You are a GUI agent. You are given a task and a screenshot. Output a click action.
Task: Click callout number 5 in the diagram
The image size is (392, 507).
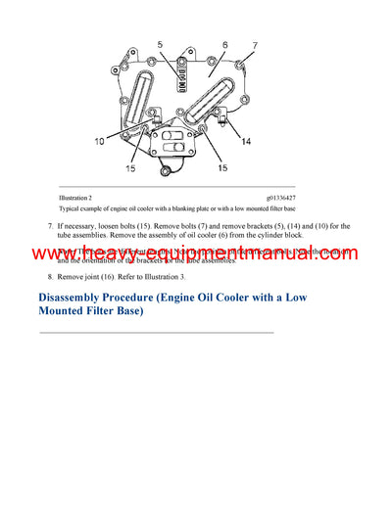(161, 45)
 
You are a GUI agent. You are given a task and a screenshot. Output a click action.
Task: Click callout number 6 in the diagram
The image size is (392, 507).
(224, 46)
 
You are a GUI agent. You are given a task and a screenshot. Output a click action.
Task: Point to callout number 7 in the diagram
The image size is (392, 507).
(256, 47)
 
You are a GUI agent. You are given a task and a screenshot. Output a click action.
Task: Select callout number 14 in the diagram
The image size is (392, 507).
(246, 142)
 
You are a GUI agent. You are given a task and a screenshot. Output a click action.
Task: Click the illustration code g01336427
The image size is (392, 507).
(299, 199)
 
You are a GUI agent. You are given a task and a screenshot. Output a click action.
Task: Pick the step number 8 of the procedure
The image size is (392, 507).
(51, 278)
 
